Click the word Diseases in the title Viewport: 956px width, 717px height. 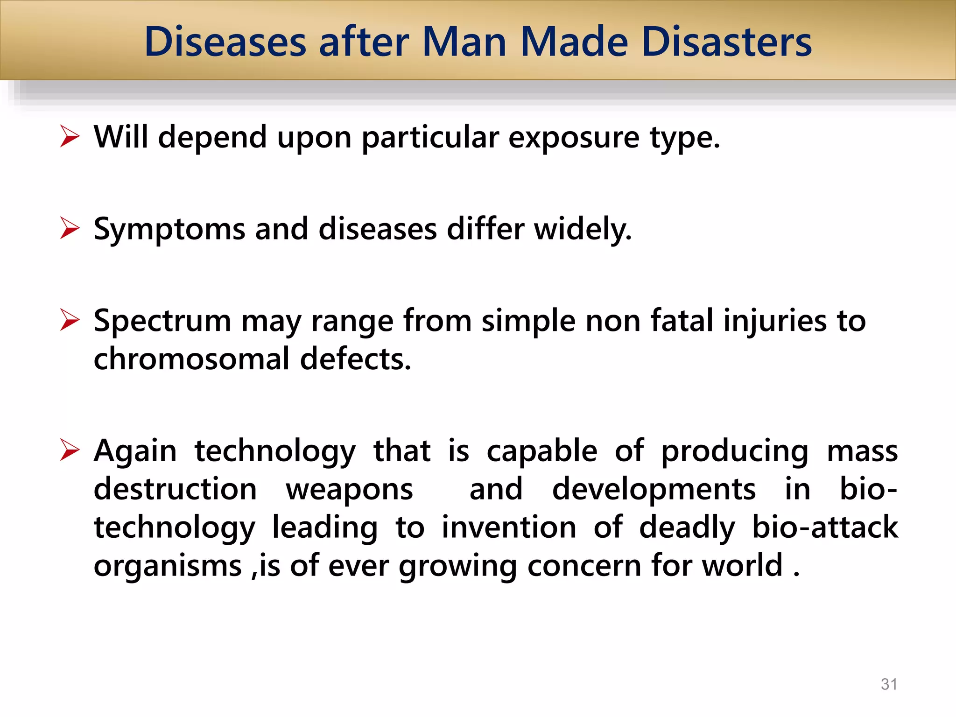(x=225, y=42)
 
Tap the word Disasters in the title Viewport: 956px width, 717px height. (x=727, y=42)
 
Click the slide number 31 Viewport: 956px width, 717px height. (x=889, y=684)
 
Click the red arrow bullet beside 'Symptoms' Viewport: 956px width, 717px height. (x=70, y=229)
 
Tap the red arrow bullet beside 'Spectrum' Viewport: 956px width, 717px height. (x=70, y=321)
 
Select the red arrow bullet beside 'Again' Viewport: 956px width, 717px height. (x=70, y=451)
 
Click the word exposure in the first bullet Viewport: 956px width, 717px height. (x=574, y=138)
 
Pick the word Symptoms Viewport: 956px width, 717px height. (x=169, y=230)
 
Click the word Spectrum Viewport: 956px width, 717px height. (x=162, y=322)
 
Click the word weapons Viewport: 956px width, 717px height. (x=349, y=490)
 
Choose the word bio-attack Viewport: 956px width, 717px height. (x=825, y=527)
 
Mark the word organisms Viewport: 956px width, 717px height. (x=168, y=566)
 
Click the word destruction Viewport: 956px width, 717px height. (x=175, y=489)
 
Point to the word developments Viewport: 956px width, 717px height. (x=654, y=490)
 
